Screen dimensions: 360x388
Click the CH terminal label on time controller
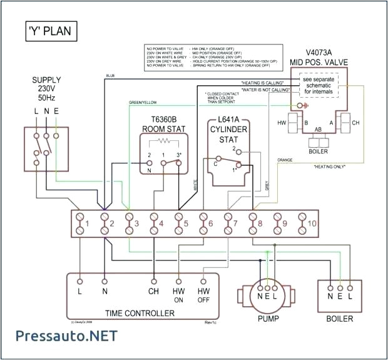(x=153, y=291)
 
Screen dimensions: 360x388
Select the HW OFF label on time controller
(x=203, y=296)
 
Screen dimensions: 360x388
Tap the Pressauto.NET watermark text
(x=59, y=336)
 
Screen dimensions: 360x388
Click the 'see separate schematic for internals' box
(x=320, y=86)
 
